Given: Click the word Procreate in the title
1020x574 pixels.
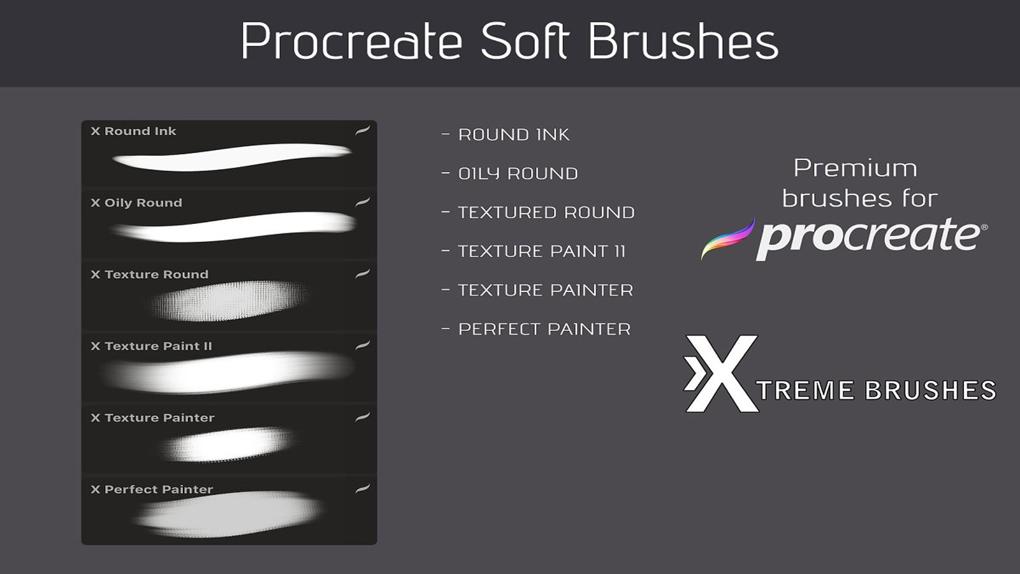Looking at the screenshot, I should coord(351,42).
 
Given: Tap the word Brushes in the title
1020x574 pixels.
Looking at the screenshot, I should coord(683,42).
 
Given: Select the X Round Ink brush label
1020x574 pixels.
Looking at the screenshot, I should coord(133,131).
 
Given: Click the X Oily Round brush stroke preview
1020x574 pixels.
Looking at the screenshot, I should coord(233,227).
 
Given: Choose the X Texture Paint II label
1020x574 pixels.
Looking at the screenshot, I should coord(151,346).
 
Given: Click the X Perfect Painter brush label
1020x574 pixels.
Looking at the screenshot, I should coord(152,490).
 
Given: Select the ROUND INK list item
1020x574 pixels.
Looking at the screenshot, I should coord(513,135).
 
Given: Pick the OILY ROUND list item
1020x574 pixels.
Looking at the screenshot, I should coord(518,173).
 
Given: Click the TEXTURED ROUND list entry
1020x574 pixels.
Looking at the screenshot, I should coord(546,212).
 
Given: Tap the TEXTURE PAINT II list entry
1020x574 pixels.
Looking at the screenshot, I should coord(541,251).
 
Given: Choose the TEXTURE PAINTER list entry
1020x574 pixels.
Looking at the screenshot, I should coord(545,290).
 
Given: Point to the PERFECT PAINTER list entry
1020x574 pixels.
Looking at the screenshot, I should coord(544,329).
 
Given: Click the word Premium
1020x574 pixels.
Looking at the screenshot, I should coord(855,168).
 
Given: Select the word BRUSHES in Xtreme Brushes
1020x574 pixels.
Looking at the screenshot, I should coord(930,390).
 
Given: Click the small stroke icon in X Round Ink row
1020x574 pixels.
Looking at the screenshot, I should coord(362,131).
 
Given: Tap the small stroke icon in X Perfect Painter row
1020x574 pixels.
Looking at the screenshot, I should coord(362,489).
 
